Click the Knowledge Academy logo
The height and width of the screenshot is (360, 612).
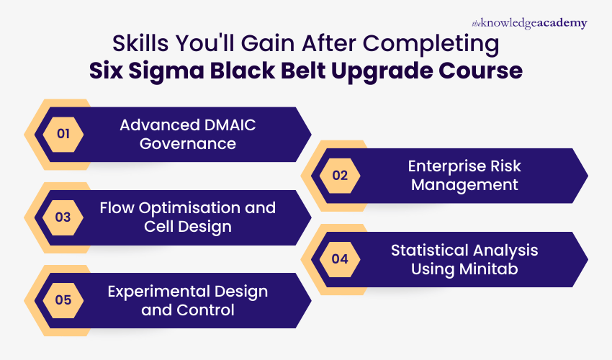click(529, 23)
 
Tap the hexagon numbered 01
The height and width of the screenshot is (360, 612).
click(63, 134)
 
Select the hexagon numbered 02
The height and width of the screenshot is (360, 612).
click(340, 176)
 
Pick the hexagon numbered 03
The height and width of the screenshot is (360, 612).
click(63, 217)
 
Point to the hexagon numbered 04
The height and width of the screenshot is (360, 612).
click(340, 258)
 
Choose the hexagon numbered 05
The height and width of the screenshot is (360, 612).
click(63, 300)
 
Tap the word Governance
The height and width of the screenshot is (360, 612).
click(188, 143)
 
